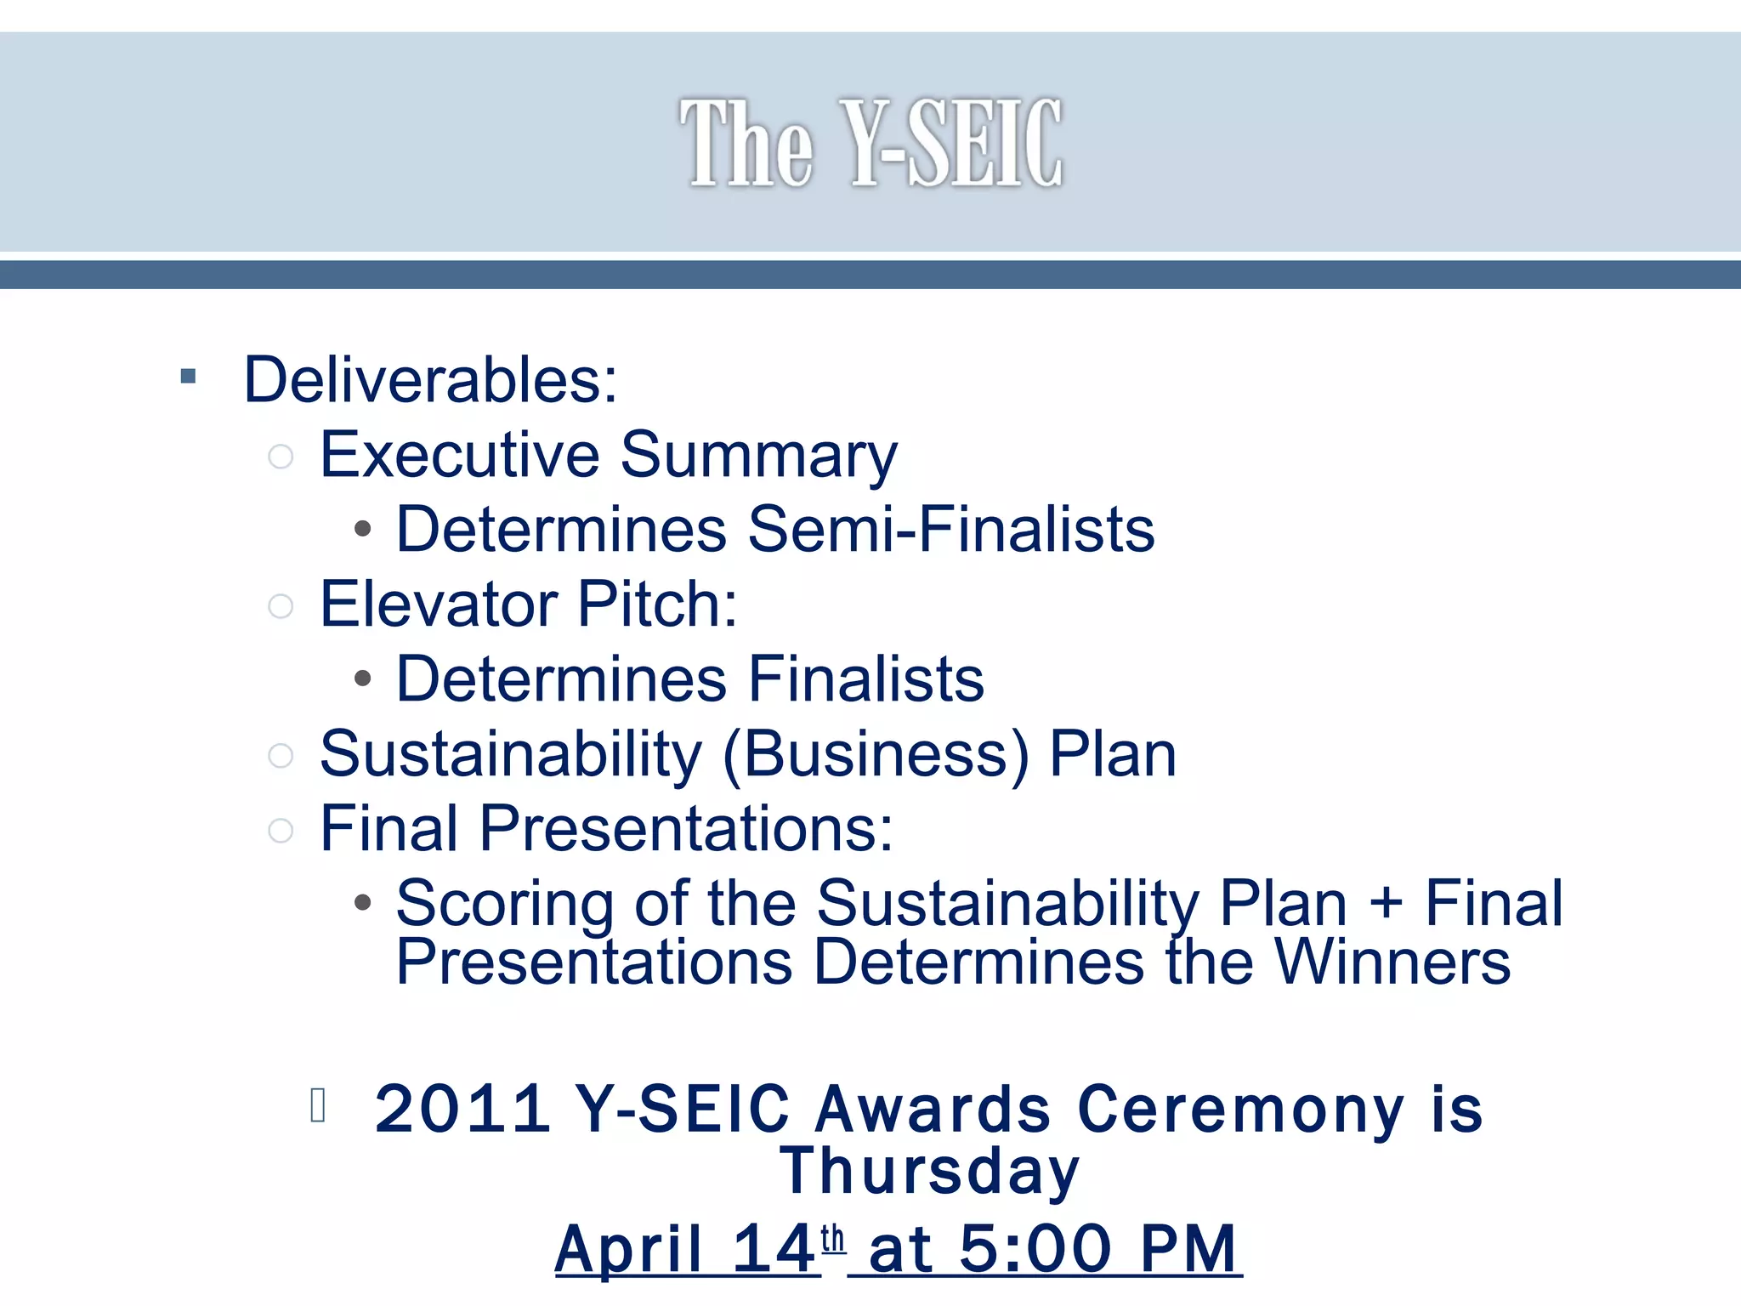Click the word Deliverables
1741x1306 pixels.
click(430, 379)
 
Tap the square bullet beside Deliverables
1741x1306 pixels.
click(189, 376)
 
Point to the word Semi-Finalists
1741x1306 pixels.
click(950, 529)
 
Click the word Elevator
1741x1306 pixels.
click(438, 604)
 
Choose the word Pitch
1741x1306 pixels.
click(656, 604)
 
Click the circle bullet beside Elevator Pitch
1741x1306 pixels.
click(281, 606)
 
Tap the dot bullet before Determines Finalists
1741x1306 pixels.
click(363, 679)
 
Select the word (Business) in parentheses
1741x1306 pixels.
click(876, 754)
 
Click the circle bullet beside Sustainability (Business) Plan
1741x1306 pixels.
click(281, 755)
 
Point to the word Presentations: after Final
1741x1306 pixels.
click(686, 828)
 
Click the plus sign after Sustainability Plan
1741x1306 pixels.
click(1386, 903)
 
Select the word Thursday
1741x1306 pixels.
click(929, 1171)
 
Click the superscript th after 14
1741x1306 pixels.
click(833, 1238)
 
